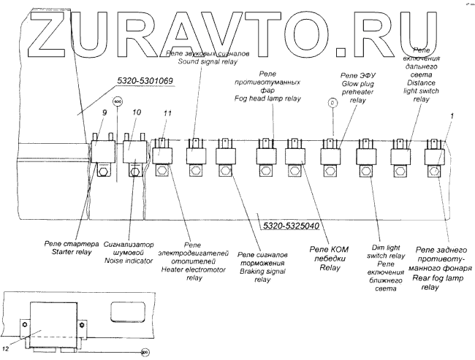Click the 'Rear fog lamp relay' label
[441, 269]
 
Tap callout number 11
[167, 113]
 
